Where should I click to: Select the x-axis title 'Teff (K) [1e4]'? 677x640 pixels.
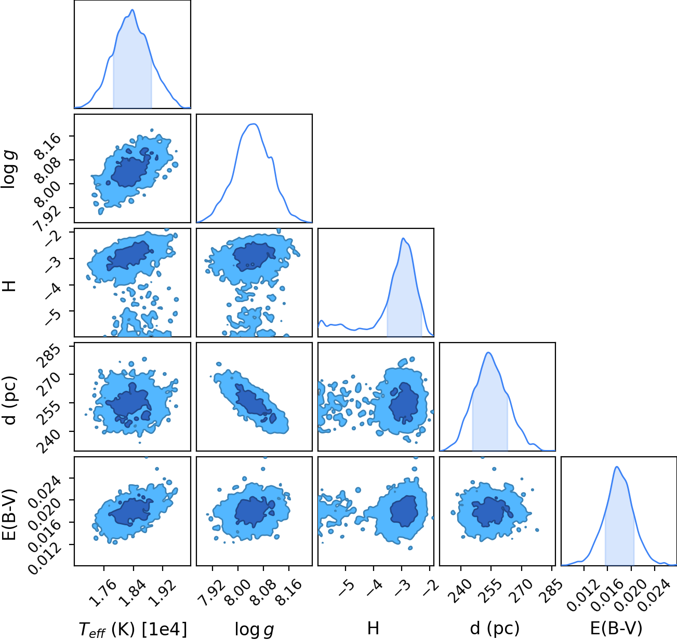pos(133,629)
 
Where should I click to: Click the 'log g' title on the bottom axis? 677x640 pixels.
pos(254,630)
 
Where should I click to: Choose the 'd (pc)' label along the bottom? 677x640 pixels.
pos(495,628)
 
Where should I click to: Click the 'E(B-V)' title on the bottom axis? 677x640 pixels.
pos(616,628)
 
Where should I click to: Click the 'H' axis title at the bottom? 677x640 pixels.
pos(373,628)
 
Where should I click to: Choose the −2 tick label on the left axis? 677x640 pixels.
pos(54,237)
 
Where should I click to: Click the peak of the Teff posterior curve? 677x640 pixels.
pos(132,10)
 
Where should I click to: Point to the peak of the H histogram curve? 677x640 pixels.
pos(403,238)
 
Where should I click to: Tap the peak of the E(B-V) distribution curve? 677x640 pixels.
pos(616,467)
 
